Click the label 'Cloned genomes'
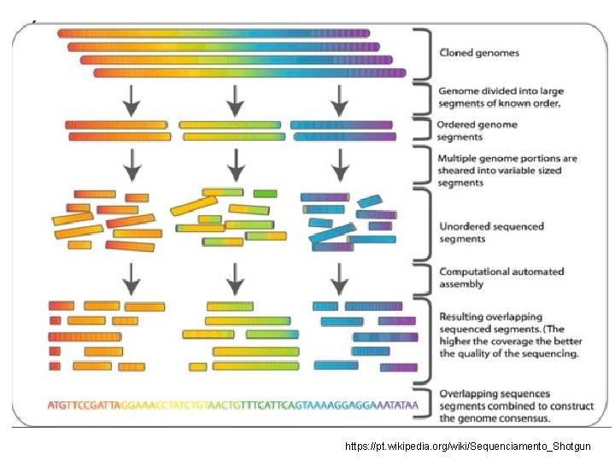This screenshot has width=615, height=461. coord(478,53)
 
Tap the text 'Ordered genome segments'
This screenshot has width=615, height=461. coord(477,131)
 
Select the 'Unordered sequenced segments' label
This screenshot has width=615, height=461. coord(491,232)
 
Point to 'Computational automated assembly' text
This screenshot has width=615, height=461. coord(501,277)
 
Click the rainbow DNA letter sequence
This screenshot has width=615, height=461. coord(233,403)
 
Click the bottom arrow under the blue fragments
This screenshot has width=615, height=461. coord(340,277)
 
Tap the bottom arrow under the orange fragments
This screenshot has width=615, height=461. coord(132,277)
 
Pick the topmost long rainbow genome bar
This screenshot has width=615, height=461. coord(214,33)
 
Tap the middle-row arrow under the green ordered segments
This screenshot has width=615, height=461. coord(235,164)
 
